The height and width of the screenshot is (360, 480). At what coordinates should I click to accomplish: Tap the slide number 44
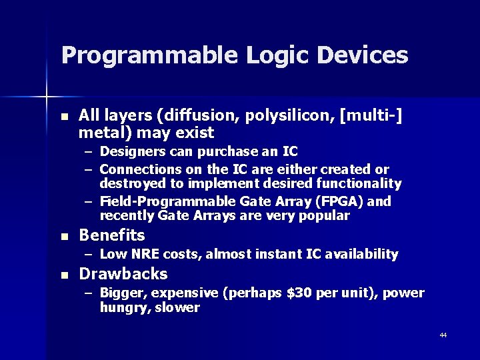(443, 335)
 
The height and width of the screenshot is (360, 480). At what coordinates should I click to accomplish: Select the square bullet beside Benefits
(64, 237)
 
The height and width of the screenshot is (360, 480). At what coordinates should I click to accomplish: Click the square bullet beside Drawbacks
(64, 275)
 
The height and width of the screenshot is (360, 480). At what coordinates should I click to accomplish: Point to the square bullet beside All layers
(64, 117)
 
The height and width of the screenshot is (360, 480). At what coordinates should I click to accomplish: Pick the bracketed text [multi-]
(370, 116)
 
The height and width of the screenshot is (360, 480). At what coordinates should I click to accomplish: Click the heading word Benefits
(112, 235)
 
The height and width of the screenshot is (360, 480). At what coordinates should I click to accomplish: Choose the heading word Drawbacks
(123, 274)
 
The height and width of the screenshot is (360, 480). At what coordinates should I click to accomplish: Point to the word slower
(177, 307)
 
